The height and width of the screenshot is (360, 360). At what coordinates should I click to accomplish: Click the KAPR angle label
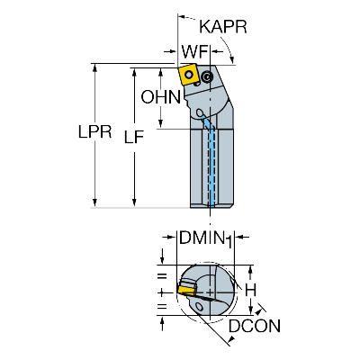click(x=223, y=27)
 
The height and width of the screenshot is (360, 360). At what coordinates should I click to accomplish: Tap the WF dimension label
click(x=194, y=52)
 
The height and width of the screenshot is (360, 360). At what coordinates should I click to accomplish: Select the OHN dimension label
click(x=161, y=97)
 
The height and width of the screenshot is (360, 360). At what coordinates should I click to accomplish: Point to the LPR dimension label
click(x=94, y=131)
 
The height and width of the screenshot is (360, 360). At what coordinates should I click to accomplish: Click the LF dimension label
click(x=134, y=137)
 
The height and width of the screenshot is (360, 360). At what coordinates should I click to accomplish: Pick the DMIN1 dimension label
click(x=205, y=239)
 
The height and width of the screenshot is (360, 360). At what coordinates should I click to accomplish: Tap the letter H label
click(x=250, y=290)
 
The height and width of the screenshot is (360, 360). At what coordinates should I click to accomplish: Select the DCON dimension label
click(x=255, y=326)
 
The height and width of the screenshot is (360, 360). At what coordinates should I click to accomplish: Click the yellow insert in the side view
click(x=188, y=75)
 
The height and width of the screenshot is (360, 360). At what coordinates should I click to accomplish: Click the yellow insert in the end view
click(x=186, y=290)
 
